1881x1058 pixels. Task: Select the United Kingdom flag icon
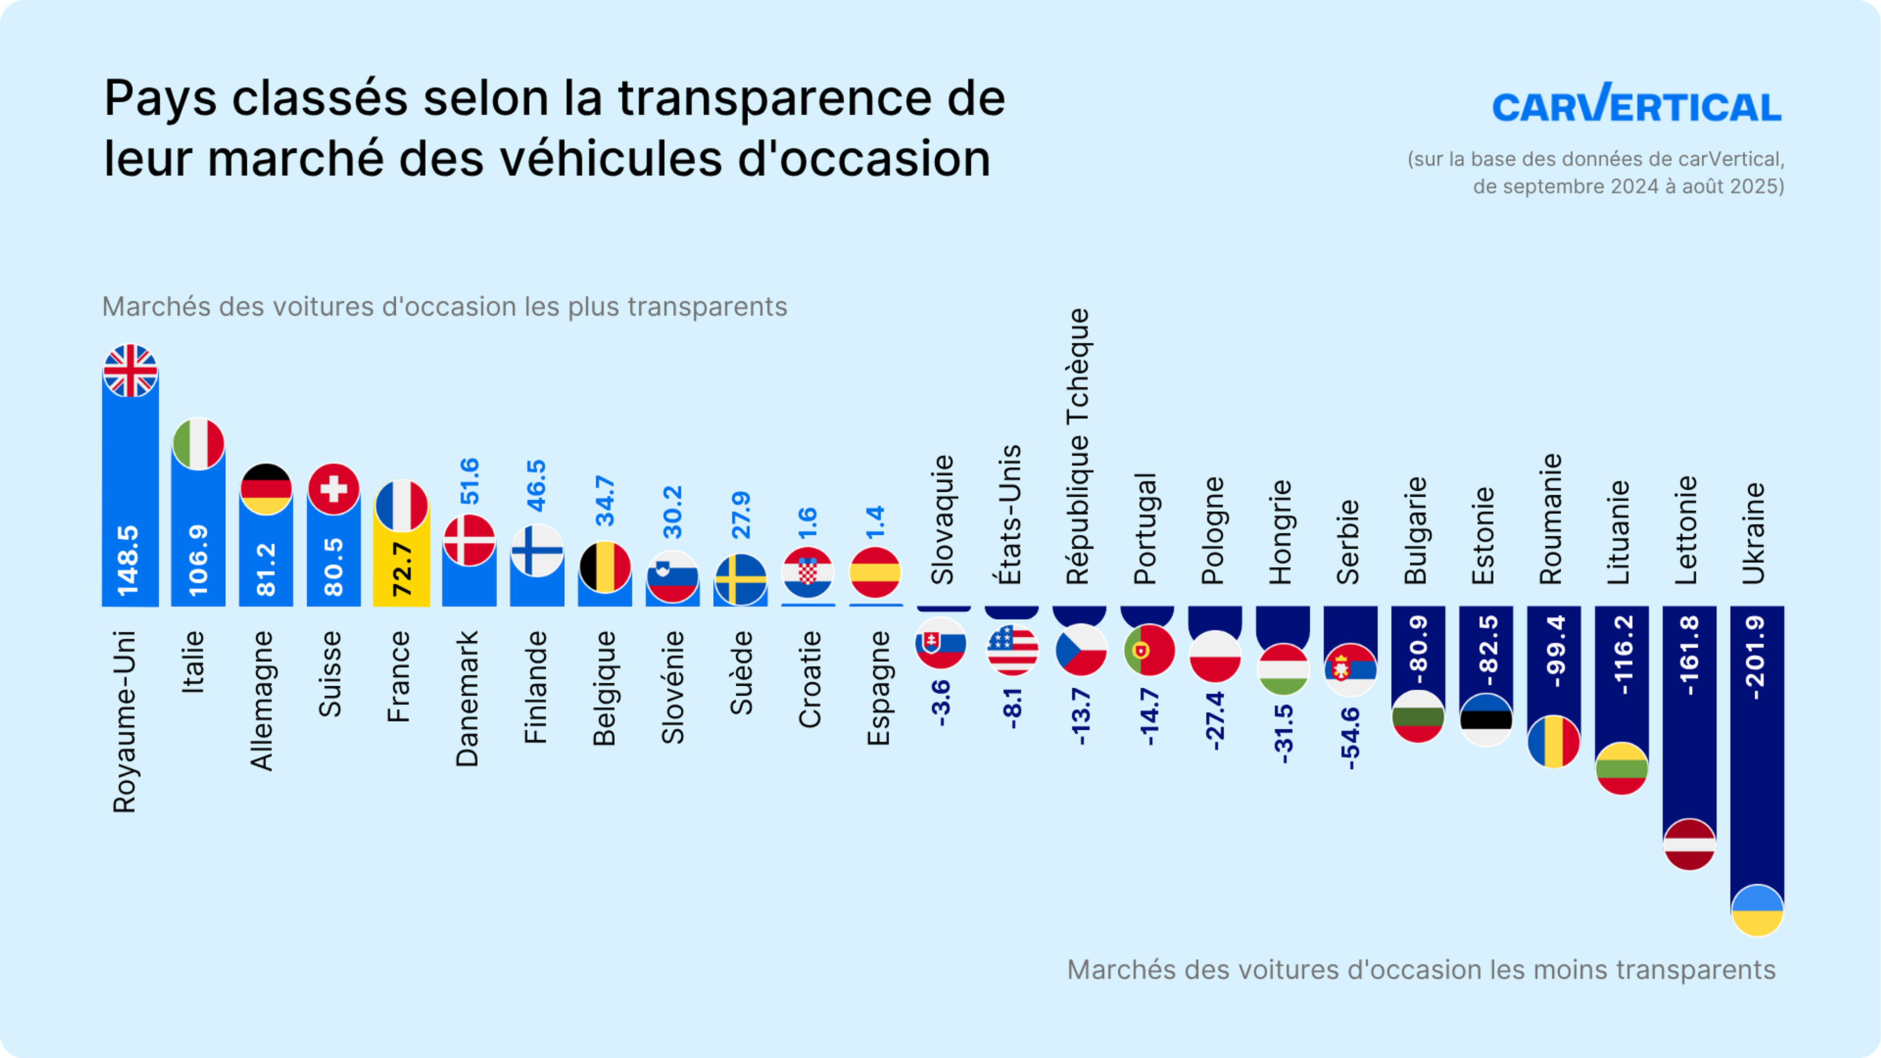pos(130,371)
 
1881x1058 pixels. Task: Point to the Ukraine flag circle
pos(1757,910)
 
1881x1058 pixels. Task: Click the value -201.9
pos(1756,657)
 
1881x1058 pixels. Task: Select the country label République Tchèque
pos(1078,446)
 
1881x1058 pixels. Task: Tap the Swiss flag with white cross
pos(334,488)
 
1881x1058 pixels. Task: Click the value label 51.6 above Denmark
pos(470,481)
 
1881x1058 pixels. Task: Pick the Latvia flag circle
pos(1689,844)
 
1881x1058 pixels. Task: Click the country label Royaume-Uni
pos(125,721)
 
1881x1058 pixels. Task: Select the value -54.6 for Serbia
pos(1350,738)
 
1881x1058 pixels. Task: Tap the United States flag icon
pos(1012,649)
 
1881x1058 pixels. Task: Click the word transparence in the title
pos(775,98)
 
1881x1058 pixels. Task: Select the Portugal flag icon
pos(1149,649)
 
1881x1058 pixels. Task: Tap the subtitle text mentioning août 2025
pos(1628,186)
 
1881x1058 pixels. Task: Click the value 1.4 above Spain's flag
pos(875,522)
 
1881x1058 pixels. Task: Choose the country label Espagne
pos(878,688)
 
